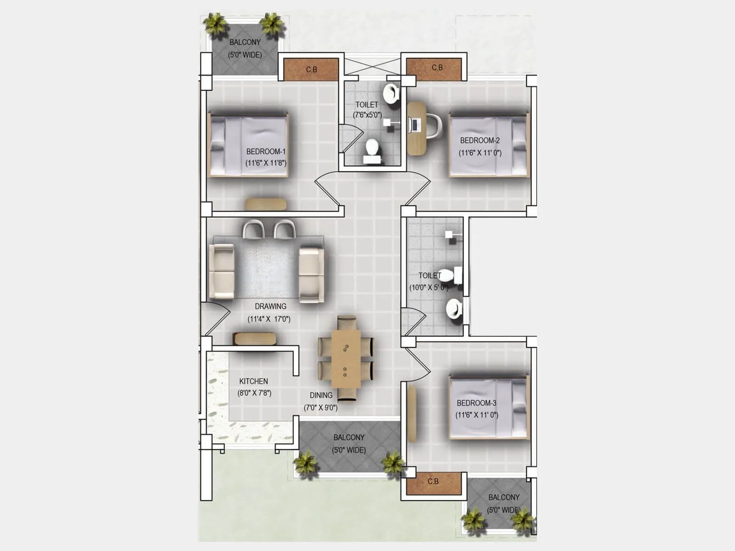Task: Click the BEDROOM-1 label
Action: coord(266,152)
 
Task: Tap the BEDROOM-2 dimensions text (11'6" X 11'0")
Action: coord(480,153)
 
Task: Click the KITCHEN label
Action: coord(253,381)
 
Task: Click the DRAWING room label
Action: coord(270,306)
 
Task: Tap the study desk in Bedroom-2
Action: coord(416,129)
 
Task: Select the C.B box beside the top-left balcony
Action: coord(311,69)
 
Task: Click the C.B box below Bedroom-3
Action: coord(433,482)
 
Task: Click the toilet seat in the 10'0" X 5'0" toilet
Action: coord(449,275)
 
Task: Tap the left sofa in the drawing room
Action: coord(221,272)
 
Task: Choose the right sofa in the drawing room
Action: coord(311,274)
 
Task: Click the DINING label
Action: coord(321,395)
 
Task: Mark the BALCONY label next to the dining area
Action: coord(349,438)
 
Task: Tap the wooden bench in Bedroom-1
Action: coord(266,204)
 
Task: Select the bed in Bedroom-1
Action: coord(249,146)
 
